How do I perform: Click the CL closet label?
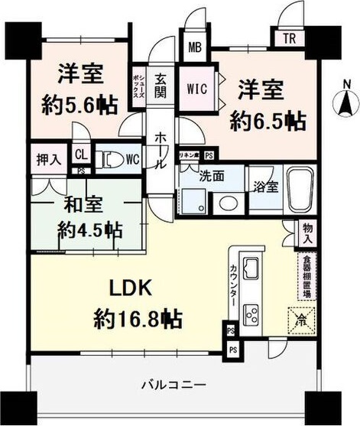[x=81, y=152]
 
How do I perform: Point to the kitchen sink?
[x=251, y=269]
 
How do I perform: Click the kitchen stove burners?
[x=251, y=314]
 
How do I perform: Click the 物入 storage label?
[x=306, y=233]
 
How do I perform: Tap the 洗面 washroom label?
[x=211, y=175]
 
